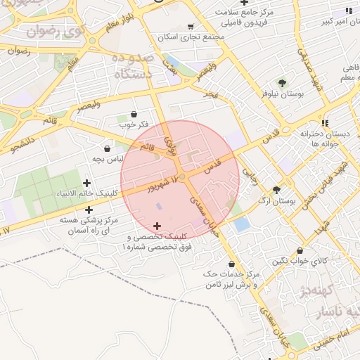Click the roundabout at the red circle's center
click(181, 176)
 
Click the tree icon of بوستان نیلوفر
click(282, 82)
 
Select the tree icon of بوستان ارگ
click(276, 190)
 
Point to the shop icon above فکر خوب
click(134, 114)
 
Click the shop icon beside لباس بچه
click(107, 148)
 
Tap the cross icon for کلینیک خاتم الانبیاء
click(86, 184)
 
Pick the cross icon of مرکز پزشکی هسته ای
click(89, 210)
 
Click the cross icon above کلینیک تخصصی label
click(156, 226)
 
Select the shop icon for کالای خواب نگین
click(300, 250)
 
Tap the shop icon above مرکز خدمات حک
click(231, 264)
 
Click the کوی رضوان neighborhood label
click(52, 31)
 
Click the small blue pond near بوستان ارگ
click(241, 224)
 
